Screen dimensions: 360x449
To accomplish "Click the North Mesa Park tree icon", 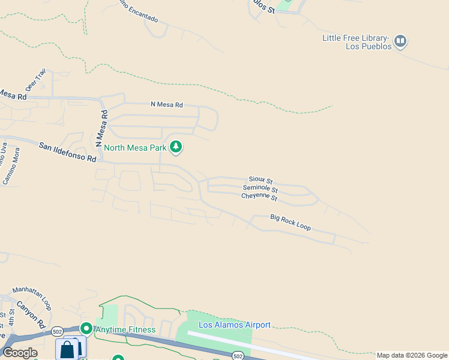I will click(x=176, y=146).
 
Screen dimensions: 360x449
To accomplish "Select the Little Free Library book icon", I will click(x=400, y=41).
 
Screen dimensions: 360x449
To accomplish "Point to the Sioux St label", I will click(x=261, y=180).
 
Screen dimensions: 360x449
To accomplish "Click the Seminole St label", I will click(x=261, y=188).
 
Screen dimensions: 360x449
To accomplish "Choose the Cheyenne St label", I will click(x=259, y=197).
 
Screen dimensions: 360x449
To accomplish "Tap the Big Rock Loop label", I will click(x=291, y=222).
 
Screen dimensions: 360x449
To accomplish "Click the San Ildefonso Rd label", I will click(x=68, y=152).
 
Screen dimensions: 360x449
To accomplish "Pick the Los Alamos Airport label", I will click(x=235, y=325).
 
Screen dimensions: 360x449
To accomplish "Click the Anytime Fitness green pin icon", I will click(x=86, y=329).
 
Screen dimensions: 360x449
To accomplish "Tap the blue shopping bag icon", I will click(x=68, y=349).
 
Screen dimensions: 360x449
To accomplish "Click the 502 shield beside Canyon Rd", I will click(x=57, y=331).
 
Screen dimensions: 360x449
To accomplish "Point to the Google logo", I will click(x=19, y=353).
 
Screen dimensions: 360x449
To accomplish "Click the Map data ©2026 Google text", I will click(x=412, y=355).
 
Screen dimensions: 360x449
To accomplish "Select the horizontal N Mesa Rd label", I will click(x=166, y=104).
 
